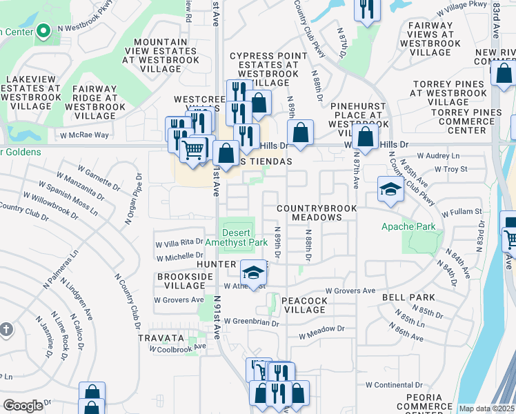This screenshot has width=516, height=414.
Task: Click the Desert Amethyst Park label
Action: pyautogui.click(x=236, y=237)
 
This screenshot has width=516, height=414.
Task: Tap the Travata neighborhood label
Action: pyautogui.click(x=161, y=338)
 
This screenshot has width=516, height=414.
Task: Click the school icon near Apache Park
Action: pyautogui.click(x=390, y=190)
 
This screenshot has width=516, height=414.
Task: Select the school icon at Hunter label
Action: pyautogui.click(x=253, y=272)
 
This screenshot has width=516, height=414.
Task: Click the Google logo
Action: pyautogui.click(x=23, y=406)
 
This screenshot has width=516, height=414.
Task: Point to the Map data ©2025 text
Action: pyautogui.click(x=486, y=408)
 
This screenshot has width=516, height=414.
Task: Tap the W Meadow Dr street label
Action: pyautogui.click(x=321, y=336)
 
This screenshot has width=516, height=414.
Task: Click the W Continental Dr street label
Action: pyautogui.click(x=393, y=384)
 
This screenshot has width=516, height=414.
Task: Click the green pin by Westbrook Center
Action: pyautogui.click(x=43, y=31)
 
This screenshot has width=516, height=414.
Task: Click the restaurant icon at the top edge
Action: pyautogui.click(x=366, y=9)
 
